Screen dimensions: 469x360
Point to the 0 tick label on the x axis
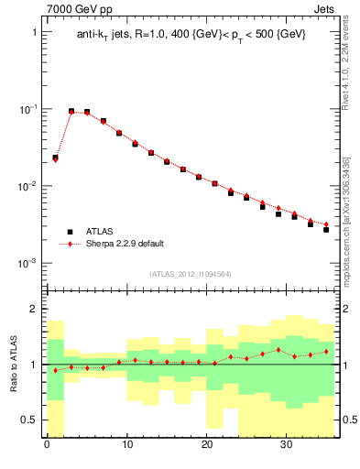pos(47,447)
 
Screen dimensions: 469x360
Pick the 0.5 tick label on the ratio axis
pos(28,420)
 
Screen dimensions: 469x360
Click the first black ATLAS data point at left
pos(55,158)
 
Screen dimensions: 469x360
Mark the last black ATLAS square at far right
pos(326,229)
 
